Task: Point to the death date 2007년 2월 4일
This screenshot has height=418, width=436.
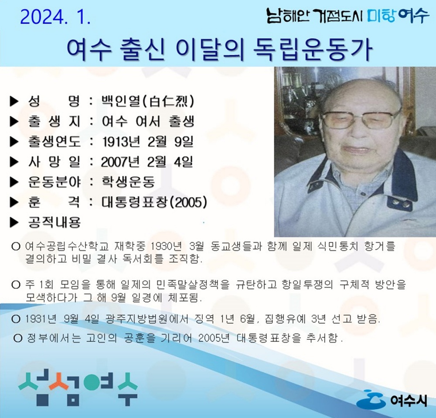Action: [147, 162]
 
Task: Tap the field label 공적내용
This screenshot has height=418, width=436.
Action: [54, 223]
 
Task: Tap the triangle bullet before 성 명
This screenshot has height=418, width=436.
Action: [14, 102]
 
